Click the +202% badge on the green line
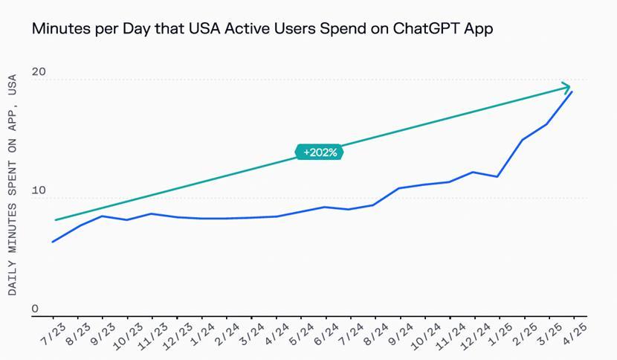[x=320, y=152]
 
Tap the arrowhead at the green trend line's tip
[x=567, y=86]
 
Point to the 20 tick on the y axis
[x=39, y=72]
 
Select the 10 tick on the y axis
[x=39, y=191]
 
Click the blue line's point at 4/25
[x=572, y=91]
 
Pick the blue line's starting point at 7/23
[x=53, y=242]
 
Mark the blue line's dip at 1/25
[x=497, y=176]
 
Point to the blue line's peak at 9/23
[x=102, y=216]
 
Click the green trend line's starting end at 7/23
[x=55, y=220]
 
